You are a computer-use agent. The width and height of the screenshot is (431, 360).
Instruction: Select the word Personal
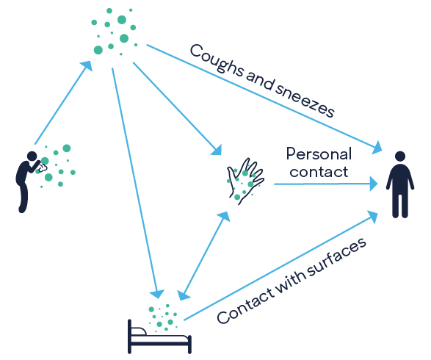[x=318, y=154]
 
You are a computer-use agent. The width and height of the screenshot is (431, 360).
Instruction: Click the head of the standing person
[x=399, y=156]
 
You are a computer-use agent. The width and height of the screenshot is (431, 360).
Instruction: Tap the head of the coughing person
[x=32, y=156]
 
